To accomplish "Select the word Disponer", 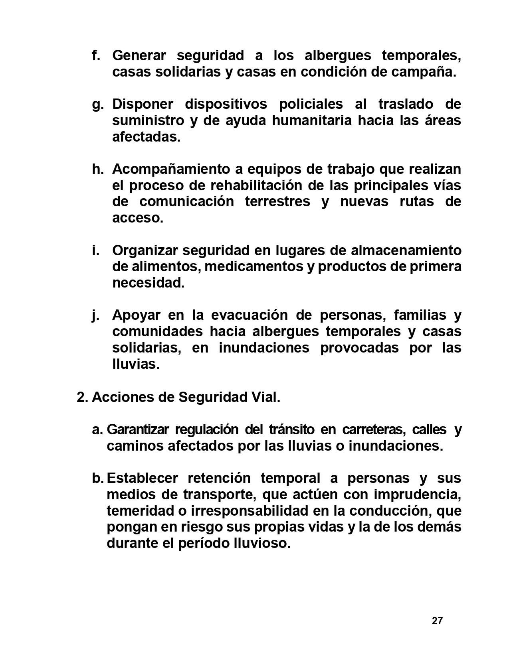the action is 143,104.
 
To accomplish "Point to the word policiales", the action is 311,104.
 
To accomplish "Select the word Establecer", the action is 139,478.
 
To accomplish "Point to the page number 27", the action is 437,621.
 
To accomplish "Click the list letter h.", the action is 97,169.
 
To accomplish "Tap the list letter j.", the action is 95,315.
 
